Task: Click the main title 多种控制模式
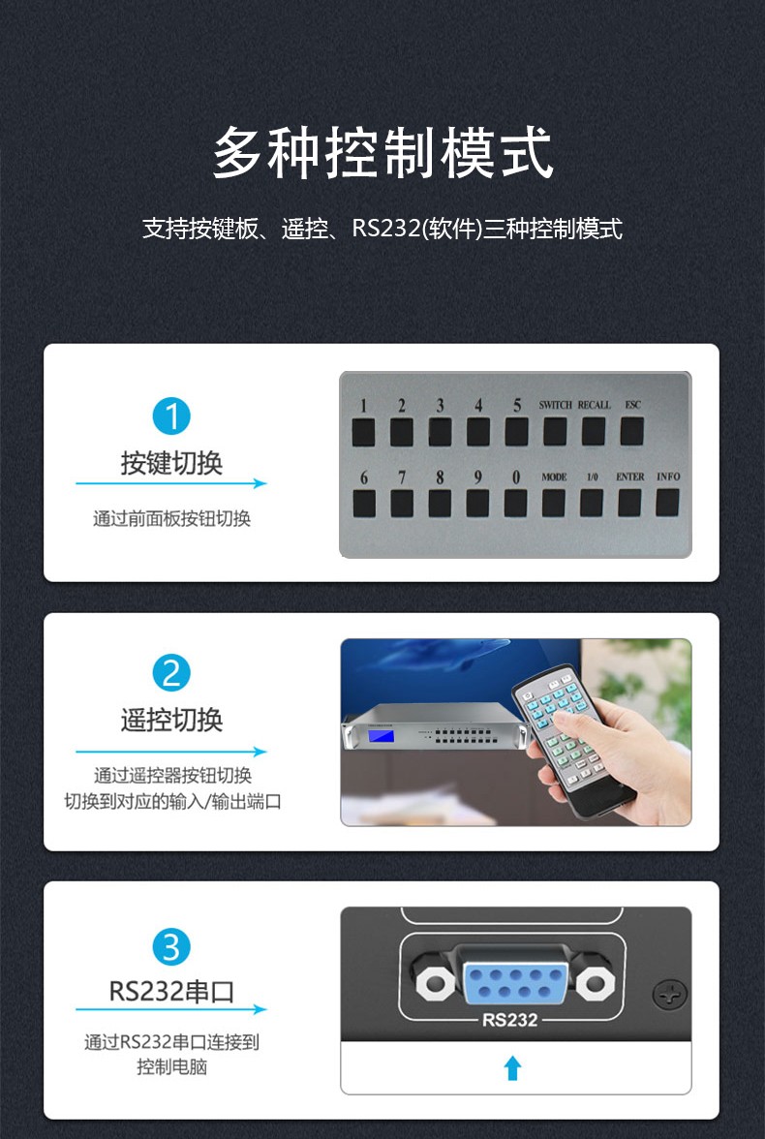(382, 153)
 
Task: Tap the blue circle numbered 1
(171, 416)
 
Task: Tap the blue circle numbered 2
(171, 673)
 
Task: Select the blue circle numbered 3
(171, 946)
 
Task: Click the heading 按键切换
(171, 463)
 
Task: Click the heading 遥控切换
(171, 720)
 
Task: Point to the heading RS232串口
(171, 991)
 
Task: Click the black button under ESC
(631, 431)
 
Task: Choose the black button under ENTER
(629, 502)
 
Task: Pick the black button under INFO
(667, 502)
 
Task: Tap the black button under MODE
(554, 503)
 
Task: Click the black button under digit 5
(516, 431)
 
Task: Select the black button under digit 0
(515, 503)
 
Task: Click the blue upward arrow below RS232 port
(513, 1068)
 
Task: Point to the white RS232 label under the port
(510, 1020)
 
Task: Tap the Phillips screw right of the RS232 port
(670, 994)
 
